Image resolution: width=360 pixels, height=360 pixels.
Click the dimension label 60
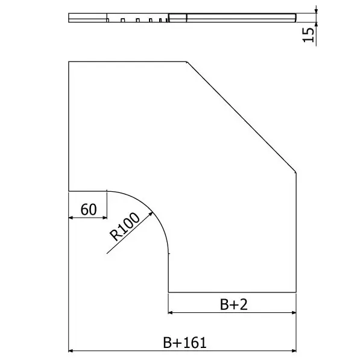pyautogui.click(x=89, y=209)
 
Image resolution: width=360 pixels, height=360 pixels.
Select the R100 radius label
pyautogui.click(x=124, y=226)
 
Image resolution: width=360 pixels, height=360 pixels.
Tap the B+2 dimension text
pyautogui.click(x=234, y=305)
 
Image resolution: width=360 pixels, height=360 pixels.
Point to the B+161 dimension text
pyautogui.click(x=185, y=343)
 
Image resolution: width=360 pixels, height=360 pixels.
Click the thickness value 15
pyautogui.click(x=308, y=35)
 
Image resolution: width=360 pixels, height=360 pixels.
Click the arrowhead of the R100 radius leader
pyautogui.click(x=151, y=214)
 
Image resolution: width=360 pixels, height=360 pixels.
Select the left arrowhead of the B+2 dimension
pyautogui.click(x=171, y=312)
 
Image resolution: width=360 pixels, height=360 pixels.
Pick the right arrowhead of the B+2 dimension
pyautogui.click(x=294, y=312)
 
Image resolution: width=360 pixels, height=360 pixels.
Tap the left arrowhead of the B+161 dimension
pyautogui.click(x=71, y=350)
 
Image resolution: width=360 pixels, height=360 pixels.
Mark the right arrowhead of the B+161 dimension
pyautogui.click(x=294, y=350)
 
